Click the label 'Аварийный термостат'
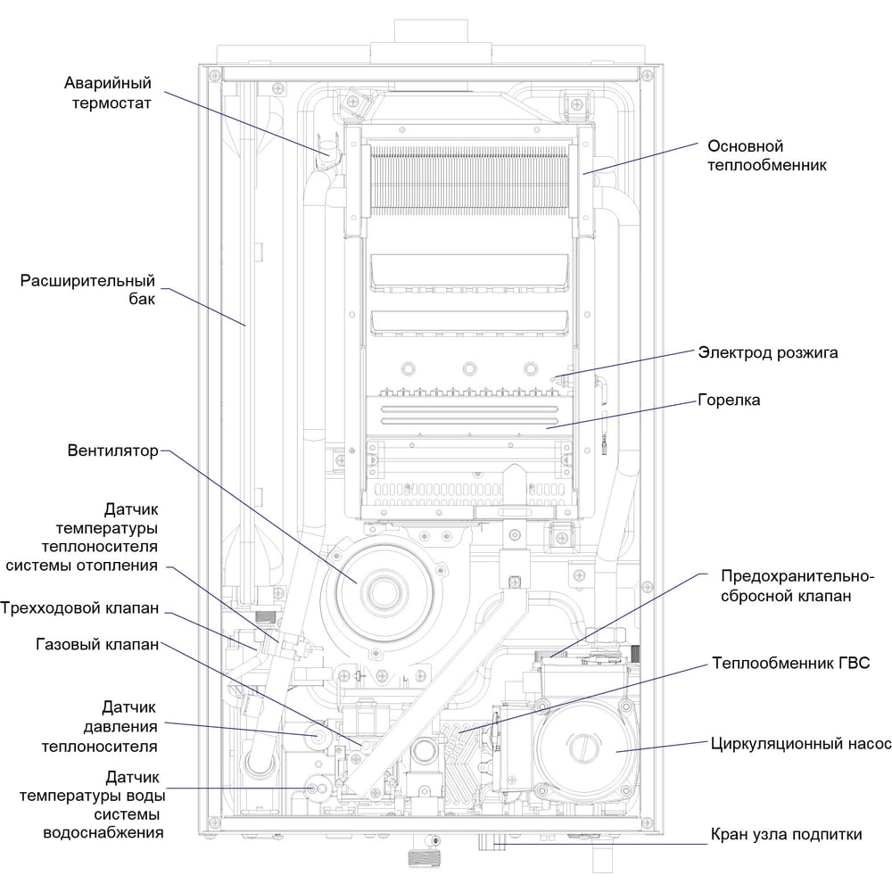[x=108, y=93]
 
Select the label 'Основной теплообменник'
[x=766, y=155]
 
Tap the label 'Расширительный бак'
[x=87, y=290]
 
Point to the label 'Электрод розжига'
[x=767, y=352]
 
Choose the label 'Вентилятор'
[x=112, y=450]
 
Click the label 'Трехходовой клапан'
[x=79, y=607]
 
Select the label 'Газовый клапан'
[x=97, y=644]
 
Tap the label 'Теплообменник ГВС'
[x=790, y=663]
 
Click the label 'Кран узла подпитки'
[x=786, y=834]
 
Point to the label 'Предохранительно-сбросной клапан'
[x=797, y=586]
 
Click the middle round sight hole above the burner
[x=469, y=368]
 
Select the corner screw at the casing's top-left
[x=214, y=75]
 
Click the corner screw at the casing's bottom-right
[x=647, y=822]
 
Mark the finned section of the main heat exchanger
[x=469, y=180]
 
